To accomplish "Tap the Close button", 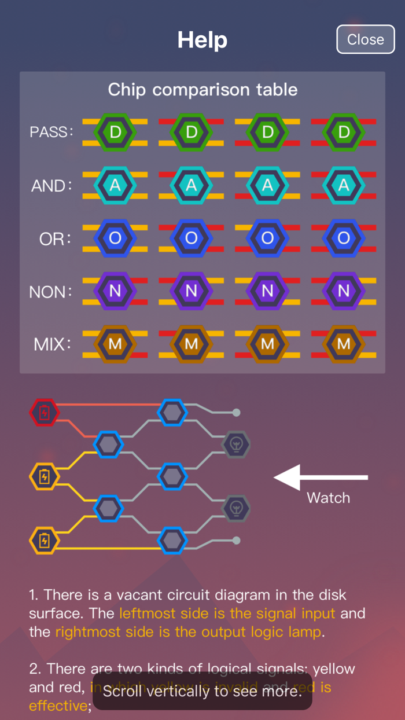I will [x=365, y=39].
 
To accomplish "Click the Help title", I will [x=202, y=40].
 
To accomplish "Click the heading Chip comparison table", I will [x=203, y=90].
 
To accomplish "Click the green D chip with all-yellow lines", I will [x=115, y=132].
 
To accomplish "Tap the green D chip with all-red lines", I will [x=344, y=132].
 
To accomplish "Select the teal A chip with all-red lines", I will [x=344, y=185].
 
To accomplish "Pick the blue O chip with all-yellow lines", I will [x=115, y=238].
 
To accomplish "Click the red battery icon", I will [x=45, y=413].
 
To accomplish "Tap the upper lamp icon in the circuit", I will [x=237, y=445].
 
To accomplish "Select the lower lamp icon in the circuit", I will [x=237, y=508].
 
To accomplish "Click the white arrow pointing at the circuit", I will [x=321, y=477].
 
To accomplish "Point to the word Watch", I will [x=328, y=498].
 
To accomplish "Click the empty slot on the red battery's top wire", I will [x=172, y=413].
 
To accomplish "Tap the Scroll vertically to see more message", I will [x=203, y=690].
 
